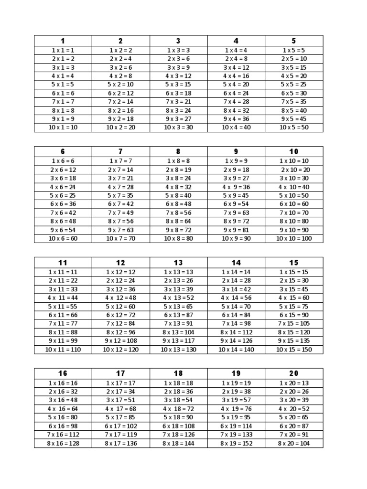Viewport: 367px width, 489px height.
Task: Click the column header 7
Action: [x=120, y=152]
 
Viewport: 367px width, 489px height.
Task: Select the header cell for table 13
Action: [x=178, y=263]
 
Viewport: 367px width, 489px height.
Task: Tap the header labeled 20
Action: [x=294, y=373]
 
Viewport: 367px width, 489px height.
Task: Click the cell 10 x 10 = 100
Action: [x=294, y=238]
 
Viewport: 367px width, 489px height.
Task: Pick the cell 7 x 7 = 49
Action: [x=120, y=213]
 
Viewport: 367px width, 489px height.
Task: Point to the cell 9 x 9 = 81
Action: [x=236, y=230]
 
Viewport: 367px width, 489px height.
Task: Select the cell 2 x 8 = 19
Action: [x=178, y=170]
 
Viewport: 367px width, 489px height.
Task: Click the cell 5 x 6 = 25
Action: [x=63, y=195]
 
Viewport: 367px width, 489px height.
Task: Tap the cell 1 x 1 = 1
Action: [x=63, y=50]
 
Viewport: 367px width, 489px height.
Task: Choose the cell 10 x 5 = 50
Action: [x=294, y=128]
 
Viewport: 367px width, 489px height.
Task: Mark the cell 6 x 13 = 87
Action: [x=178, y=315]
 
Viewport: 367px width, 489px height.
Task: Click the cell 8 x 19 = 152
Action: [x=236, y=443]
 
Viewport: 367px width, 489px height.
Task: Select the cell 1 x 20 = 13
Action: [x=294, y=383]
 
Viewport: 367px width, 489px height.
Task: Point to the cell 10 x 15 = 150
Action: [x=294, y=350]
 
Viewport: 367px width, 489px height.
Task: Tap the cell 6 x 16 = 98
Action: [x=63, y=426]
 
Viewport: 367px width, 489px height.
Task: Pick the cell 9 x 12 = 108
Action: [x=120, y=341]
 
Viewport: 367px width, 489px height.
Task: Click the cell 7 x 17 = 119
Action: [x=120, y=435]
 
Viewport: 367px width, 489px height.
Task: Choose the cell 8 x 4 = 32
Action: [x=236, y=110]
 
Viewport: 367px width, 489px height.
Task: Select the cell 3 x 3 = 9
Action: [x=178, y=67]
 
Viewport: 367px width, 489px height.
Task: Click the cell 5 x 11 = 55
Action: [x=63, y=307]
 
